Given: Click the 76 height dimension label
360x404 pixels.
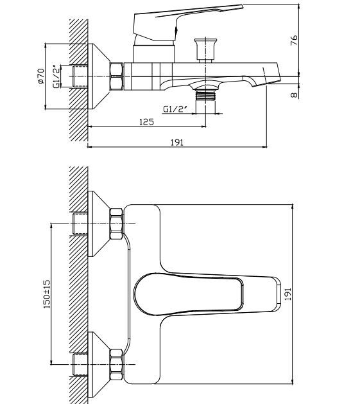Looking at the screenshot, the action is (294, 40).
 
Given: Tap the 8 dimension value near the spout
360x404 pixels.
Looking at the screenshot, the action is (294, 94).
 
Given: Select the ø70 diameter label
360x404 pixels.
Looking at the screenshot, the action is (41, 76).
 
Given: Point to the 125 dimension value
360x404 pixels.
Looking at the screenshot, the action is (146, 121).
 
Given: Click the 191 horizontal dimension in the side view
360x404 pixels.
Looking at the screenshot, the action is (177, 142).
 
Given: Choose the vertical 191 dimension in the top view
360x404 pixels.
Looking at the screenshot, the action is (287, 294).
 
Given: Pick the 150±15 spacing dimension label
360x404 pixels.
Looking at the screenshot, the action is (47, 294).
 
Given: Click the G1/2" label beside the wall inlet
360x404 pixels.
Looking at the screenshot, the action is (56, 76).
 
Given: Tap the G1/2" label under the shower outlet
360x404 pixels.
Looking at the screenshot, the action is (175, 109).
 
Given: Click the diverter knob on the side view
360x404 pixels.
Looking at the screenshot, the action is (205, 50).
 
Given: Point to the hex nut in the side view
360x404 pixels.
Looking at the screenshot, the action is (117, 76).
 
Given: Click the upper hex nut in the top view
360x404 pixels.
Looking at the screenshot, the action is (116, 224).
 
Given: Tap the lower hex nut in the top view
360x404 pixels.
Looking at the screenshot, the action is (116, 364).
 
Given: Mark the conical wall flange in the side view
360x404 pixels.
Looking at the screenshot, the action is (99, 76).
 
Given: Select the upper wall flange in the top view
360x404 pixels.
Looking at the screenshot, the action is (99, 224).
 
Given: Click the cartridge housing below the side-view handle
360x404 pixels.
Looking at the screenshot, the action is (154, 53).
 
